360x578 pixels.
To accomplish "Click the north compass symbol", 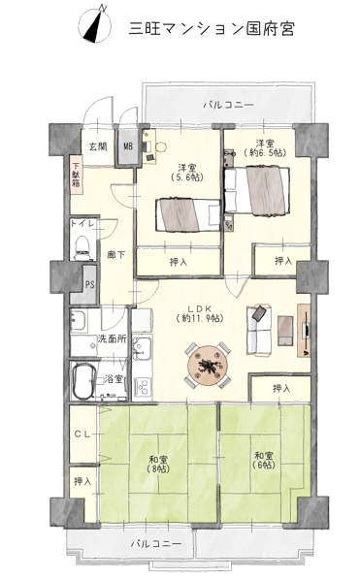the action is click(95, 24).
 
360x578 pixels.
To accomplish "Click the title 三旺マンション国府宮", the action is click(212, 28).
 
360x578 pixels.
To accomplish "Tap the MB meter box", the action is click(128, 146).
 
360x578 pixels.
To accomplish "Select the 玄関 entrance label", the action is click(98, 146).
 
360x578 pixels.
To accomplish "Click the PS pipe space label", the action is click(89, 284).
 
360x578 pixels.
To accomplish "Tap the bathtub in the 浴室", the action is click(84, 381).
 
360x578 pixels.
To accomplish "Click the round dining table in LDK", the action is click(209, 365).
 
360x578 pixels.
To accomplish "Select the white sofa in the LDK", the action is click(260, 330).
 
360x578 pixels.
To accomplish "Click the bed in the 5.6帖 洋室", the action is click(188, 215).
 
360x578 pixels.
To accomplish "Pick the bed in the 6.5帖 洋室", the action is click(257, 190).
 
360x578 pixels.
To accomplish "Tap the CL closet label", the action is click(82, 434).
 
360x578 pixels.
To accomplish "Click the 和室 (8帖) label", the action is click(158, 465).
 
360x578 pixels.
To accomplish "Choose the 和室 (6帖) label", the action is click(264, 461).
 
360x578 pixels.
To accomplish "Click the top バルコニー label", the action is click(229, 105).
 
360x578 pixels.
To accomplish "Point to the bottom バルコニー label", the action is click(156, 544).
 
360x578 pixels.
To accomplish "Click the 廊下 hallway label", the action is click(115, 254).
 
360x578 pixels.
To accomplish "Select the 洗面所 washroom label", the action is click(113, 338).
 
